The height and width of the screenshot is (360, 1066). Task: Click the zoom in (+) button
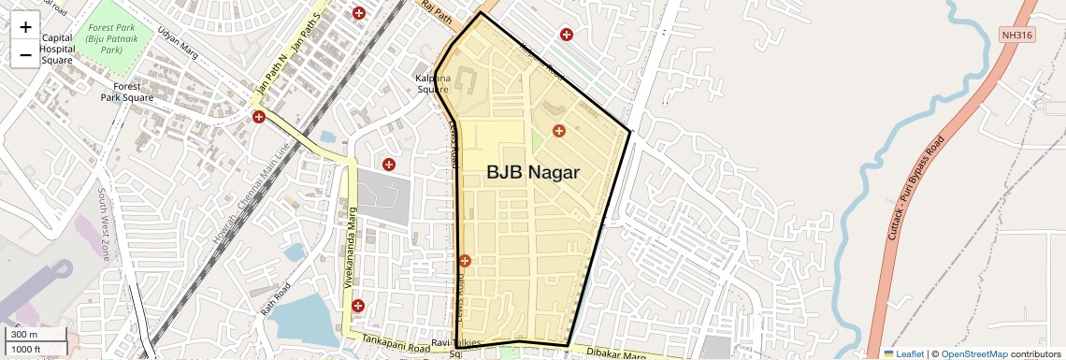point(25,28)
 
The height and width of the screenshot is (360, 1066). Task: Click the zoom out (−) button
point(25,55)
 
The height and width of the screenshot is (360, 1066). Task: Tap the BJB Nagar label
point(533,173)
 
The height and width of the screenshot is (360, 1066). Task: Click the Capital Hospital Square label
point(56,49)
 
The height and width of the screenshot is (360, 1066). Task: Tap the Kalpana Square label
point(433,83)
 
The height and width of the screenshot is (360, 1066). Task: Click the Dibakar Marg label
point(616,353)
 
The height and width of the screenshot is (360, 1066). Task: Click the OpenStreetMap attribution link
point(973,353)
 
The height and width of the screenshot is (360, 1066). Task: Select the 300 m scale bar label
point(25,335)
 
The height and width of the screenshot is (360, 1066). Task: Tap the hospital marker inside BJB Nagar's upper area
point(559,131)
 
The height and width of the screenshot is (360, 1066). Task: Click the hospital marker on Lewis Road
point(465,261)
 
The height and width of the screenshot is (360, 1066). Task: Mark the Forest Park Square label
point(127,92)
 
